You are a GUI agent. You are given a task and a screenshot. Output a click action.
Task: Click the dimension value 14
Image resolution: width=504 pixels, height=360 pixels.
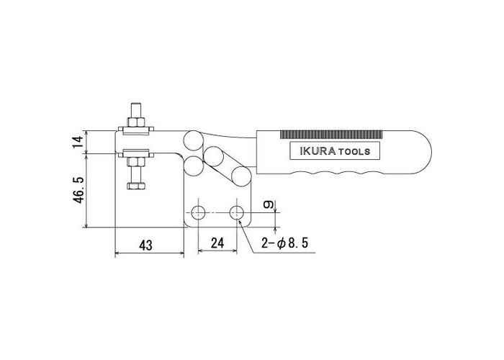(78, 142)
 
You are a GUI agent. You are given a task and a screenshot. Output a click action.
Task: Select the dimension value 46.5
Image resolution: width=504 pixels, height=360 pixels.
(78, 189)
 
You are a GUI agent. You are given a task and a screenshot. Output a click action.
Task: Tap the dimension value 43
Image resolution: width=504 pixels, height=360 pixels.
(145, 246)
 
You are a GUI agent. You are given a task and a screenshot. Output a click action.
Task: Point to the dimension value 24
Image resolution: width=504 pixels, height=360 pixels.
(217, 243)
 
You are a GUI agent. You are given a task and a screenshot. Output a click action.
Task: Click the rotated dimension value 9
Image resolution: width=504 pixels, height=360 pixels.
(269, 204)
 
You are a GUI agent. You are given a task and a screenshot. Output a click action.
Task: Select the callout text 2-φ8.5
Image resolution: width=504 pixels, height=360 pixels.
(285, 243)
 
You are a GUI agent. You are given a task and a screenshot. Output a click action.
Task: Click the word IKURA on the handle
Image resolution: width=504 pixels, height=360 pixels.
(318, 151)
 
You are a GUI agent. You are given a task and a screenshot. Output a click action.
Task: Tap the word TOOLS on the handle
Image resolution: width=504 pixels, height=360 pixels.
(354, 152)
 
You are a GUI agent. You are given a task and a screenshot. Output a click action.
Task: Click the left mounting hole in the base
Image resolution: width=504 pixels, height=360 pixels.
(198, 212)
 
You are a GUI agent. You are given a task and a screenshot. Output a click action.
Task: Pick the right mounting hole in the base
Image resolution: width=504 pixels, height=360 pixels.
(237, 212)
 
